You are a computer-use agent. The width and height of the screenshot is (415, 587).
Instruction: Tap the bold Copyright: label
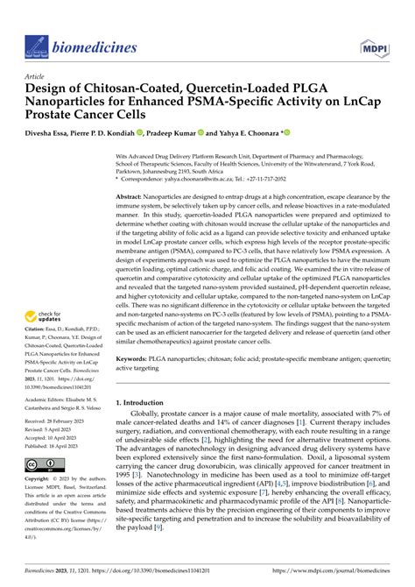(40, 480)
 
